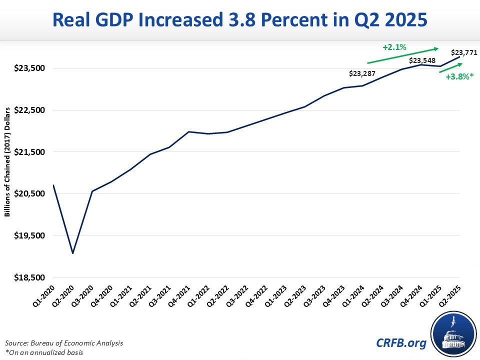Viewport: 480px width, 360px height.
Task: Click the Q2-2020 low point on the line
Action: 73,253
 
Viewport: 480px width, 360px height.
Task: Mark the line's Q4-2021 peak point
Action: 188,131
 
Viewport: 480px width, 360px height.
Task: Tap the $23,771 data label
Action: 463,51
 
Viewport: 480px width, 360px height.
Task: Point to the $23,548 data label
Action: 422,60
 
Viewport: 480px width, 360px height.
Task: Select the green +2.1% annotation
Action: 394,48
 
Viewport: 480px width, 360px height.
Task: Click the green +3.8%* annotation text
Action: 459,77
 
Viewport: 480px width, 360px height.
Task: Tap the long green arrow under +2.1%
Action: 403,56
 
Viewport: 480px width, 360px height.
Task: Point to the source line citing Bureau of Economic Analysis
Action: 64,343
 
